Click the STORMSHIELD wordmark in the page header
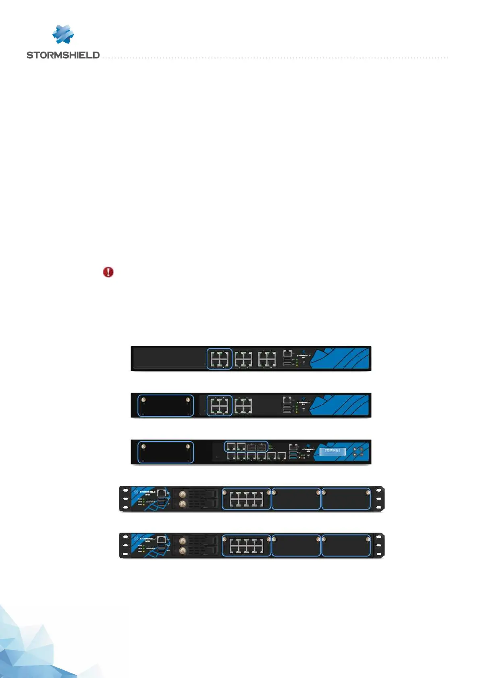(x=63, y=55)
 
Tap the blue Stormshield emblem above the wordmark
(x=63, y=34)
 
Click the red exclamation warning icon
(x=108, y=272)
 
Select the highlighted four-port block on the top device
(x=220, y=359)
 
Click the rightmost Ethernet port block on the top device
(x=267, y=359)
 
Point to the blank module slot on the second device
(x=165, y=405)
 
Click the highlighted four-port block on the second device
(x=220, y=405)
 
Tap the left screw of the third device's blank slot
(x=143, y=446)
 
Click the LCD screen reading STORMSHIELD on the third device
(x=332, y=451)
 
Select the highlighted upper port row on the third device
(x=246, y=446)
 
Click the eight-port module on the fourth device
(x=246, y=499)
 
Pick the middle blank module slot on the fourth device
(x=296, y=499)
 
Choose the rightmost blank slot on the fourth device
(x=346, y=499)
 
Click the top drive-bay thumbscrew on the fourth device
(x=183, y=494)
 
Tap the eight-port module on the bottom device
(x=246, y=546)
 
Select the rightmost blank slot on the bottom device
(x=346, y=546)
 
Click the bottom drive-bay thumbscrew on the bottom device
(x=183, y=550)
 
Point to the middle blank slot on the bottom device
(x=296, y=546)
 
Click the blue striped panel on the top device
(x=341, y=358)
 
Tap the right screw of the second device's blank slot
(x=187, y=400)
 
